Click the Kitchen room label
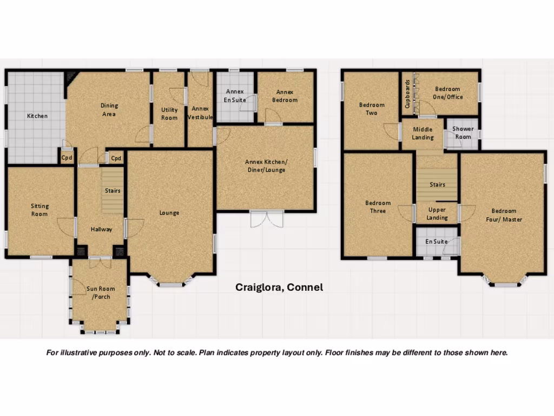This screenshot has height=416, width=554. coord(37,116)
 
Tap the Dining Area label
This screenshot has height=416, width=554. coord(109,110)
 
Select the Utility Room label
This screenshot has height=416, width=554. coord(169,114)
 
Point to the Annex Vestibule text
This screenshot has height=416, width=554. coord(200,113)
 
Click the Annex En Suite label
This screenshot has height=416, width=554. coord(235,96)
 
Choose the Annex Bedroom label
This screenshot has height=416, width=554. coord(285,96)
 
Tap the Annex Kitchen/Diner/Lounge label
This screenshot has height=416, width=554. coord(265,166)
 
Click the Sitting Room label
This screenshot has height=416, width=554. coord(39,210)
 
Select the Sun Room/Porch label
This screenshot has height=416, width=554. coord(101,292)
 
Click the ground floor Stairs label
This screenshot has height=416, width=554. coord(113,191)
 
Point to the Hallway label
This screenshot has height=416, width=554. coord(101,229)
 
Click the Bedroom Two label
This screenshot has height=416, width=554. coord(372,109)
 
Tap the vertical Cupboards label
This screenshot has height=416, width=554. coord(407,94)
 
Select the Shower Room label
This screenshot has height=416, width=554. coord(463,133)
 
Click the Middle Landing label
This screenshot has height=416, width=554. coord(423,133)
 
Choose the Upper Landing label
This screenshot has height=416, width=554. coord(437,213)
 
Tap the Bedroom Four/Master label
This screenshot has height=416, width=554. coord(503,215)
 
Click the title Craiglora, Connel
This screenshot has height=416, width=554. coord(279,287)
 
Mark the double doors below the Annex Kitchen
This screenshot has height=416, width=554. coord(267,219)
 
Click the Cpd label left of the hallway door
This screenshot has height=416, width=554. coord(67,158)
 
